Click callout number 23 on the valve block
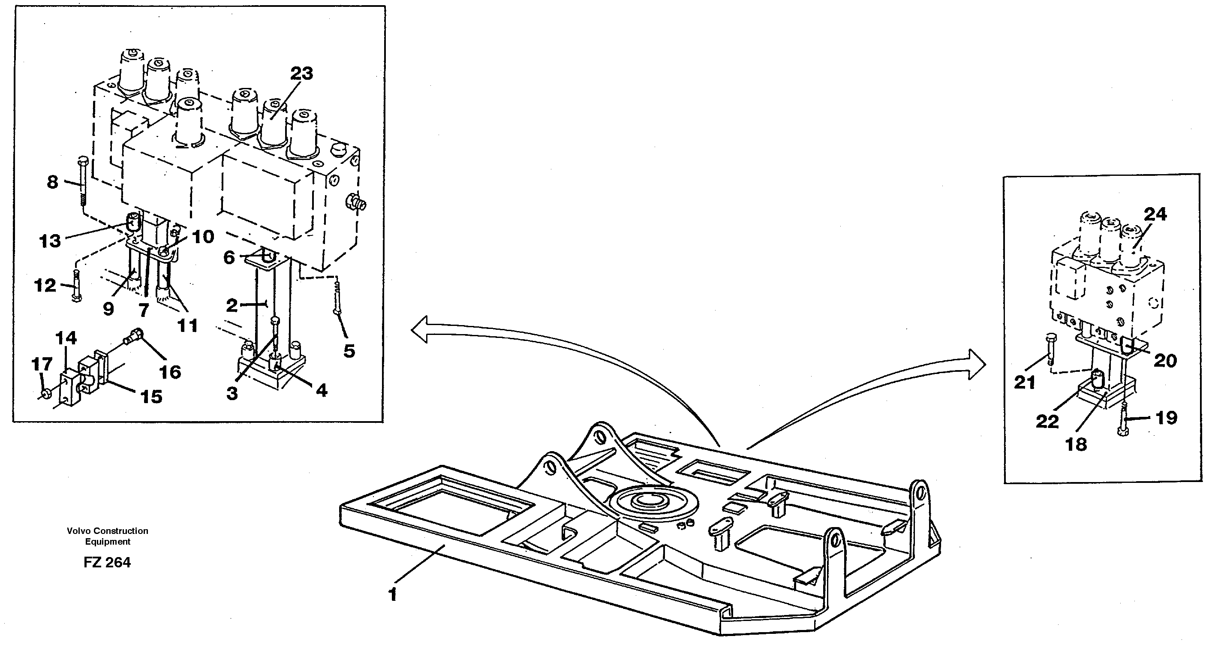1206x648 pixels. (301, 73)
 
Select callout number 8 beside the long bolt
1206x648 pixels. (52, 182)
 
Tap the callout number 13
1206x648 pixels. (50, 241)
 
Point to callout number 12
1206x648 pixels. (45, 285)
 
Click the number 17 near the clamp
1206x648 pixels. (42, 364)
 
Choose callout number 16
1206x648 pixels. (170, 372)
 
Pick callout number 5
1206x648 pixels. (349, 351)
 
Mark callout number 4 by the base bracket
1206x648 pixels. (322, 390)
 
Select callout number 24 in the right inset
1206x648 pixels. (1155, 214)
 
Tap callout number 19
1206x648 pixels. (1166, 417)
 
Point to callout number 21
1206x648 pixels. (1024, 383)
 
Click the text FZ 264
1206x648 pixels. (107, 562)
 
